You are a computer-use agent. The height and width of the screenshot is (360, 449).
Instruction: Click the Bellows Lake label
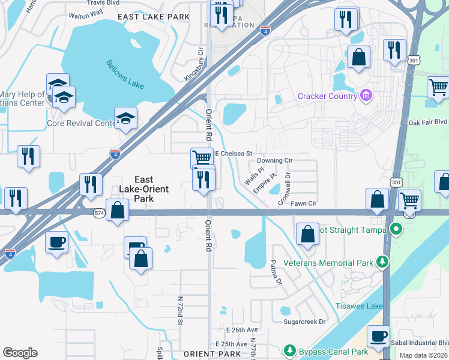click(125, 74)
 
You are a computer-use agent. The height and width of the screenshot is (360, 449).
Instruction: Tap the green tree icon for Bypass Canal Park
click(290, 350)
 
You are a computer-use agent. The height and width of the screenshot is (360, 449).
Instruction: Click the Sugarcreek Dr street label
click(304, 322)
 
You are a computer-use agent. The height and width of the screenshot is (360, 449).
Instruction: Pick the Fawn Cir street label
click(303, 204)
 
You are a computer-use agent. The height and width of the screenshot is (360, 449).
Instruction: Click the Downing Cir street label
click(274, 161)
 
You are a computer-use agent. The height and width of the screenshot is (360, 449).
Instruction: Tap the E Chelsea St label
click(233, 154)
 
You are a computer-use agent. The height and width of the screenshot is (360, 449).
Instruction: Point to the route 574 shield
click(100, 212)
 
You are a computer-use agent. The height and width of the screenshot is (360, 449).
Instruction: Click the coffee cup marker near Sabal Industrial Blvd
click(378, 336)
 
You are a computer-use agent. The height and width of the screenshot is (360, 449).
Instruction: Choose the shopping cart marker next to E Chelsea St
click(202, 158)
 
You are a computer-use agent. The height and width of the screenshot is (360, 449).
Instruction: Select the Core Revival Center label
click(80, 123)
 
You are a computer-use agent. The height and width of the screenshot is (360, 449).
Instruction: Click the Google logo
click(20, 353)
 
